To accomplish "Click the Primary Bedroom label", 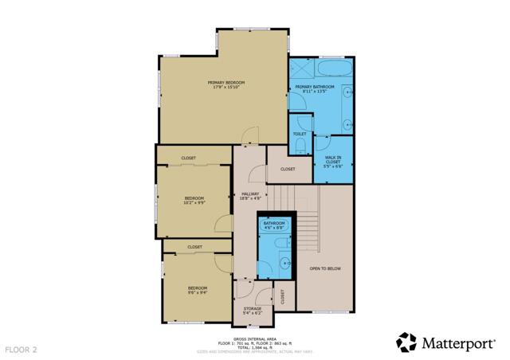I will click(226, 84).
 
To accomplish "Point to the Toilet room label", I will click(300, 134).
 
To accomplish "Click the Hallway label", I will click(249, 196).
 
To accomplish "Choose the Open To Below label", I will click(325, 268).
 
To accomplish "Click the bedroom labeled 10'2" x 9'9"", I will click(194, 200).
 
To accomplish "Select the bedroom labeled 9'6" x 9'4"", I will click(198, 289).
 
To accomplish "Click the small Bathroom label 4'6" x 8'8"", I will click(274, 225).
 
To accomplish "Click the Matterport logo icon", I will click(406, 342).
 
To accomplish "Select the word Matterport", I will click(461, 343).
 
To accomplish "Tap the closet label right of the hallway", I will click(288, 169).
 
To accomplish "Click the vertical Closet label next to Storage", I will click(284, 297).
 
